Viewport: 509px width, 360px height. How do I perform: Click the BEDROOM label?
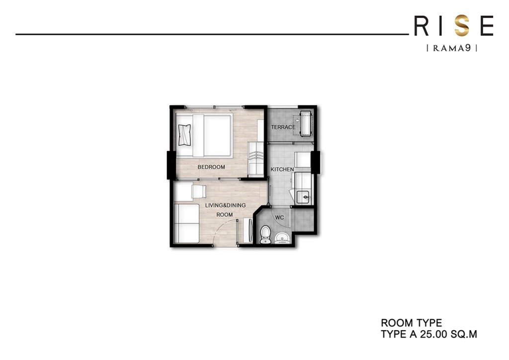point(211,167)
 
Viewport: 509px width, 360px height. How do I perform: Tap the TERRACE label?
point(283,127)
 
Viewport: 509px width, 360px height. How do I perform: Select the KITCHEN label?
point(282,170)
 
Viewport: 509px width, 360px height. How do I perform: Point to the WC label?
point(279,217)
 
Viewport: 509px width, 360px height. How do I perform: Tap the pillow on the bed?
point(185,134)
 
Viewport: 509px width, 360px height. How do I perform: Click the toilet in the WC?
point(265,234)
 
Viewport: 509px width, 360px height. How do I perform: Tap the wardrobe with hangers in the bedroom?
point(255,158)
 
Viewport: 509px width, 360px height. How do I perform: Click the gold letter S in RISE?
point(462,26)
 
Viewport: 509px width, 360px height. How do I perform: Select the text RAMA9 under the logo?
point(452,48)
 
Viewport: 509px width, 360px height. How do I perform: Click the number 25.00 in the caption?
point(432,334)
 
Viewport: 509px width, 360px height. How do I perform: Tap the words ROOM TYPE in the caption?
point(411,323)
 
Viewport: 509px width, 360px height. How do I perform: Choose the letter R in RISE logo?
point(421,26)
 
